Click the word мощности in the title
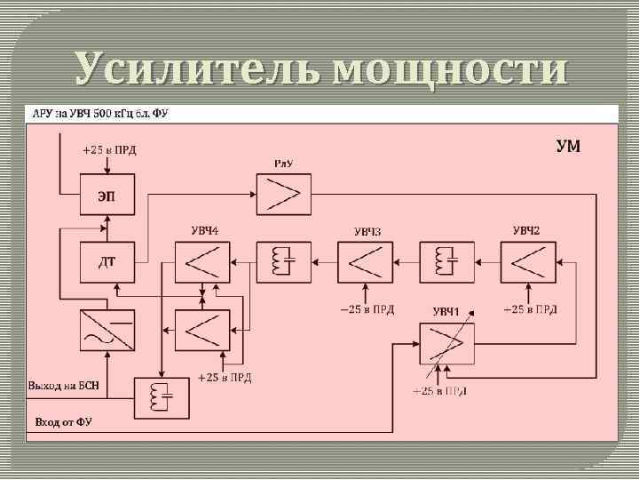click(x=451, y=70)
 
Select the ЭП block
click(x=106, y=196)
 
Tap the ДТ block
click(x=106, y=261)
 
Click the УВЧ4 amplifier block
click(x=202, y=261)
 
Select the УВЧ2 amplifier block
click(x=527, y=261)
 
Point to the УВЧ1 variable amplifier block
click(x=446, y=344)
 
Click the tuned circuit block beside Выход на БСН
click(x=162, y=396)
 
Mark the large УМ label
click(x=568, y=146)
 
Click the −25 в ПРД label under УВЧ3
click(x=367, y=309)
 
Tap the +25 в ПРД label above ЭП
click(x=109, y=149)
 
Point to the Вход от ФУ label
click(x=63, y=420)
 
